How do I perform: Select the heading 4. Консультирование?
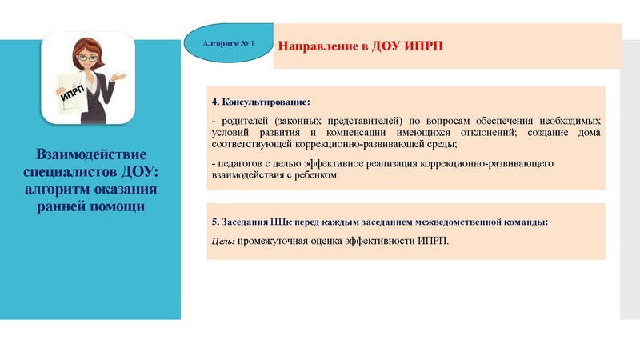coord(260,102)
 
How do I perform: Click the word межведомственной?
coord(464,222)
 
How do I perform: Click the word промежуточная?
coord(271,240)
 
